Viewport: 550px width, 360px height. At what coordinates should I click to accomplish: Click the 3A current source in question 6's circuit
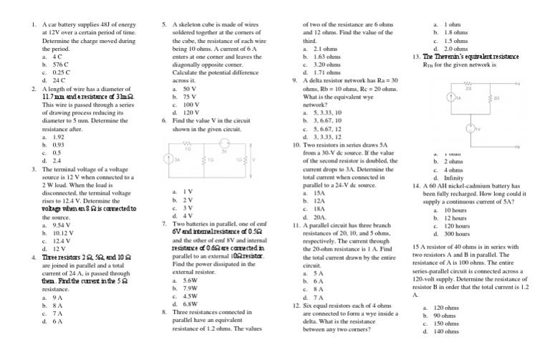[169, 161]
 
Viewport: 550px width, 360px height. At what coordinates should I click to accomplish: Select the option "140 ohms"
[450, 331]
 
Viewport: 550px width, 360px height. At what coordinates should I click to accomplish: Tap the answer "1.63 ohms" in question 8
[327, 56]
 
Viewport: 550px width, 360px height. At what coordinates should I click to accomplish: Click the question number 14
[416, 185]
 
